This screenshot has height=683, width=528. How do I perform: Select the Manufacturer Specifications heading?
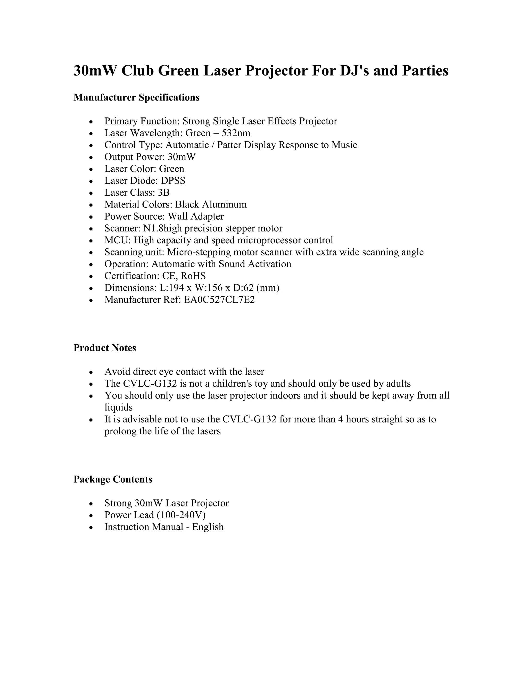coord(136,98)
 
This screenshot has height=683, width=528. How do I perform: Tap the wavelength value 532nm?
coord(236,133)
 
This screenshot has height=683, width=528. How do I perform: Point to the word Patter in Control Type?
coord(230,145)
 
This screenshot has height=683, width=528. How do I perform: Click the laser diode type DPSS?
coord(173,181)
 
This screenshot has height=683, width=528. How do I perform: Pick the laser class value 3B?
coord(164,193)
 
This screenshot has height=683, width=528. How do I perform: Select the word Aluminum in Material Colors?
coord(224,205)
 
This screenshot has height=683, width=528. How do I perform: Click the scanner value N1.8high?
coord(162,228)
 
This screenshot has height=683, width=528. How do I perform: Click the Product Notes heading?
coord(105,348)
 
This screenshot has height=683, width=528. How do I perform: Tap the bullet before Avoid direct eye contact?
coord(91,372)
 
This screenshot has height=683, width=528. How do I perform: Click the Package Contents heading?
coord(113,479)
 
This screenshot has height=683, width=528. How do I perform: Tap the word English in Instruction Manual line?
coord(208,527)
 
